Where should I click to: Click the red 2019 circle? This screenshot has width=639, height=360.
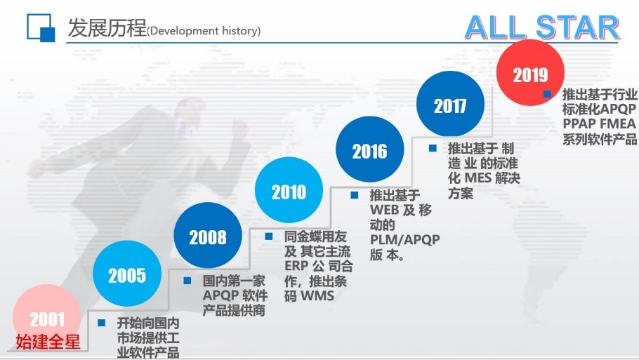tap(530, 73)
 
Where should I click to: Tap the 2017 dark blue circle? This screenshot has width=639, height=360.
tap(450, 105)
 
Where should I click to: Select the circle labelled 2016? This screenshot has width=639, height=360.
tap(369, 149)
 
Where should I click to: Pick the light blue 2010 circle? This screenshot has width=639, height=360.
tap(289, 190)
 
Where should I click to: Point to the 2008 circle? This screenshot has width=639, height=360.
tap(208, 235)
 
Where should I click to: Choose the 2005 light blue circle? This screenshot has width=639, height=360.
tap(127, 274)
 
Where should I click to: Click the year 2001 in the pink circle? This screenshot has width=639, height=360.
tap(47, 319)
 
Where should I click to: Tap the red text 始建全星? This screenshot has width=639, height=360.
tap(48, 341)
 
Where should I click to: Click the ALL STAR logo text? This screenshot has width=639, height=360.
tap(541, 27)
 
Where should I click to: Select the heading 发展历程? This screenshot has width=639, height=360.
tap(107, 27)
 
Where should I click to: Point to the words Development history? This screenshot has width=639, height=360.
tap(204, 31)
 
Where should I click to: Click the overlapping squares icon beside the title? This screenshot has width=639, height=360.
tap(41, 27)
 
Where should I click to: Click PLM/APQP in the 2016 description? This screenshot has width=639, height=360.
tap(404, 239)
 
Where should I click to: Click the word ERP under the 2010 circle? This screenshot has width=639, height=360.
tap(296, 266)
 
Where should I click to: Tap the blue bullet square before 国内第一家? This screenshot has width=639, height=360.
tap(187, 281)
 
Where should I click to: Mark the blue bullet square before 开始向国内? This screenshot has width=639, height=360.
tap(102, 323)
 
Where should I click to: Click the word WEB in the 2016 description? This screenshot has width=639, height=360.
tap(384, 210)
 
